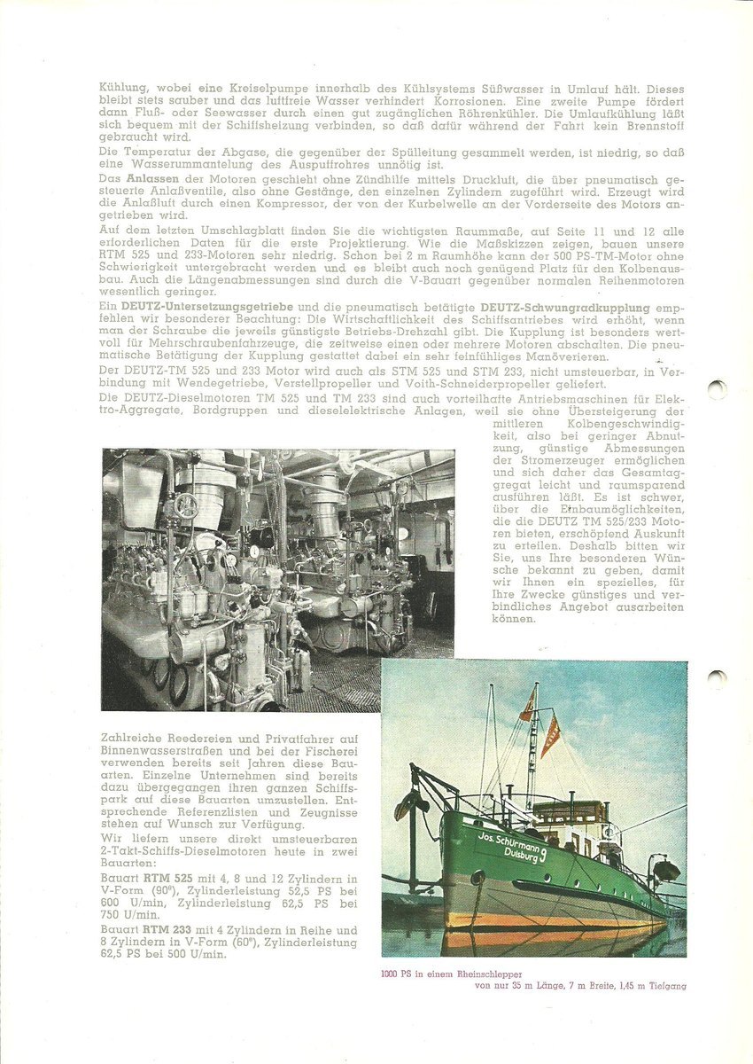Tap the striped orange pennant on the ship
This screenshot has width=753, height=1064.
[550, 737]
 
